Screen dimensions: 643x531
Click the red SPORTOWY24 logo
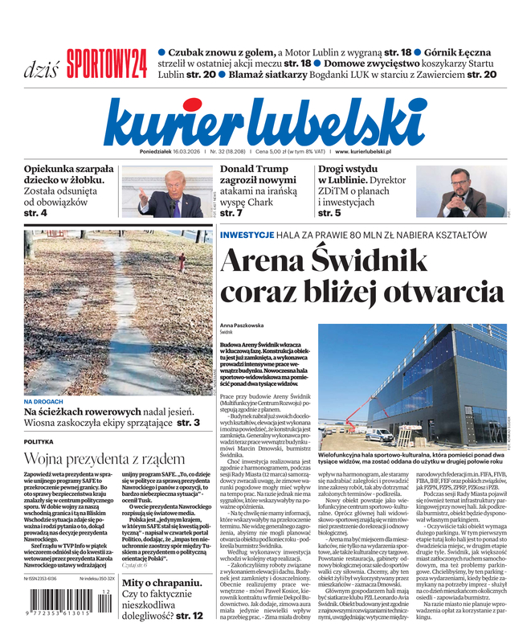(107, 63)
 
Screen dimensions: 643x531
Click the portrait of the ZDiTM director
(465, 193)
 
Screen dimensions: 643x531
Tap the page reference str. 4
(35, 213)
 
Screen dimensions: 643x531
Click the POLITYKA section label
(39, 442)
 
